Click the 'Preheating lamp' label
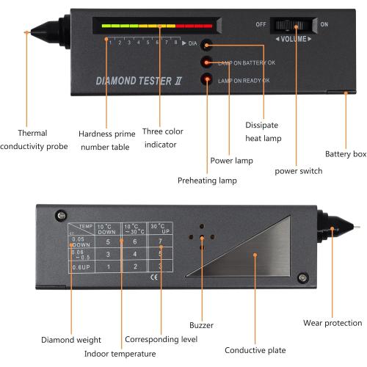coord(202,179)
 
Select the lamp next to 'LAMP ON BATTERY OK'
coord(208,62)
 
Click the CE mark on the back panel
coord(153,278)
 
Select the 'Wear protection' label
coord(333,322)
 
